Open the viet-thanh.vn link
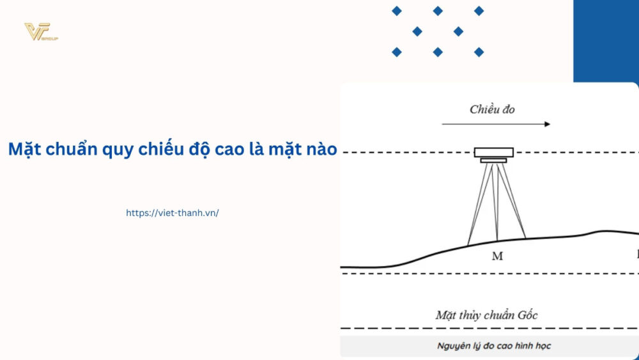pyautogui.click(x=173, y=213)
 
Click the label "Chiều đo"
pyautogui.click(x=492, y=109)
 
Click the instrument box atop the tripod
pyautogui.click(x=493, y=152)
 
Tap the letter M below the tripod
pyautogui.click(x=497, y=256)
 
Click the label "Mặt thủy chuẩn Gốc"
pyautogui.click(x=486, y=315)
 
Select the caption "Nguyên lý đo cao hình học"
pyautogui.click(x=494, y=346)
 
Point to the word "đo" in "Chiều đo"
pyautogui.click(x=508, y=109)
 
